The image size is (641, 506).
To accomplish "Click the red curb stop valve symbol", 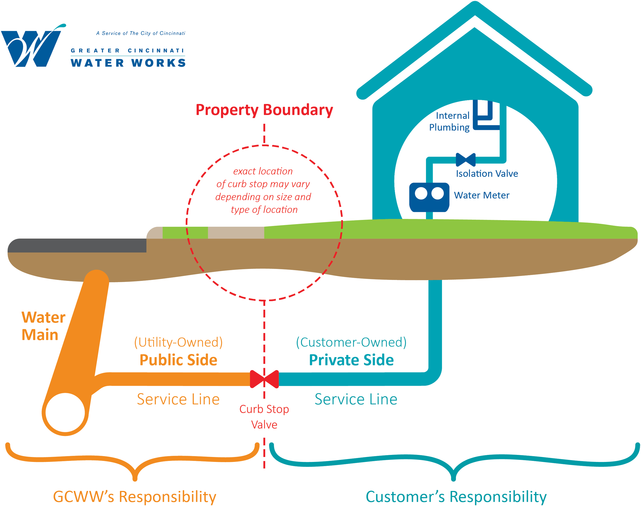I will [264, 379].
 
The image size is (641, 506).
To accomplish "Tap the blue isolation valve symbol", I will [465, 160].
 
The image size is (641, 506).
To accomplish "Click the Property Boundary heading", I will [264, 110].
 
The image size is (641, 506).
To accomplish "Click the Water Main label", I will [43, 326].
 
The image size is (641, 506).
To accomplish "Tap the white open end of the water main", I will [65, 412].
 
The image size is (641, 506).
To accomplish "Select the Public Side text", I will [178, 360].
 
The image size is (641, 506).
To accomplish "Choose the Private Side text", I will [351, 360].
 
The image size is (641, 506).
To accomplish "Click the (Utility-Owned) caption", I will [178, 342].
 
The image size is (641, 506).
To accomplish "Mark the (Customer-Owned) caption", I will [351, 342].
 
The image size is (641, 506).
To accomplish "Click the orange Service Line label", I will [178, 399].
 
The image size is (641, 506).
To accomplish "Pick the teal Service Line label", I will [356, 399].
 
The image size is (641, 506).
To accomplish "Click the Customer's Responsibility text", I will [456, 496].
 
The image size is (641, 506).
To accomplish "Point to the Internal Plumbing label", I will [450, 121].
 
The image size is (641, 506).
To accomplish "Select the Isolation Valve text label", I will [487, 174].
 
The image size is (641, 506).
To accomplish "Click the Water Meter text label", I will [482, 195].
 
